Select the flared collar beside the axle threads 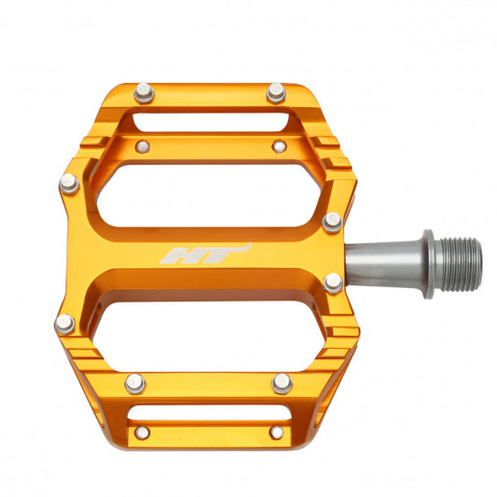[x=428, y=264]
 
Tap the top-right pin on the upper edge [x=275, y=91]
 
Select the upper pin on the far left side [x=68, y=184]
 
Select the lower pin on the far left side [x=64, y=324]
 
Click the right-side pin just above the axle [x=332, y=221]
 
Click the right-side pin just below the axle [x=333, y=283]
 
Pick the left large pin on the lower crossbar [x=136, y=382]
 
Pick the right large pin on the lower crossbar [x=282, y=382]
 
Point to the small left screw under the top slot [x=142, y=146]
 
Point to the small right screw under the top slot [x=279, y=146]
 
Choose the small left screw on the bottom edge [x=142, y=432]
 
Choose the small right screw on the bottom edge [x=276, y=432]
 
